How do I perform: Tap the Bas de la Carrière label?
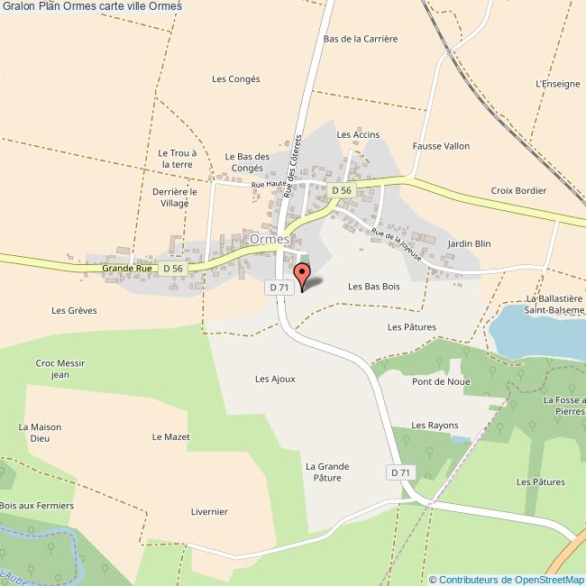pyautogui.click(x=360, y=39)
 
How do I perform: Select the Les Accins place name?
pyautogui.click(x=358, y=134)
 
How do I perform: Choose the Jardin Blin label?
pyautogui.click(x=469, y=243)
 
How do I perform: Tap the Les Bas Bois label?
pyautogui.click(x=373, y=287)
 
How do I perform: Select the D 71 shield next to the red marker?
pyautogui.click(x=279, y=287)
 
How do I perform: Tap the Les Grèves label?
pyautogui.click(x=75, y=310)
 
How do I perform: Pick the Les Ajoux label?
pyautogui.click(x=275, y=380)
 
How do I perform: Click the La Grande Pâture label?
pyautogui.click(x=326, y=472)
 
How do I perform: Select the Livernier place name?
pyautogui.click(x=209, y=511)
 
